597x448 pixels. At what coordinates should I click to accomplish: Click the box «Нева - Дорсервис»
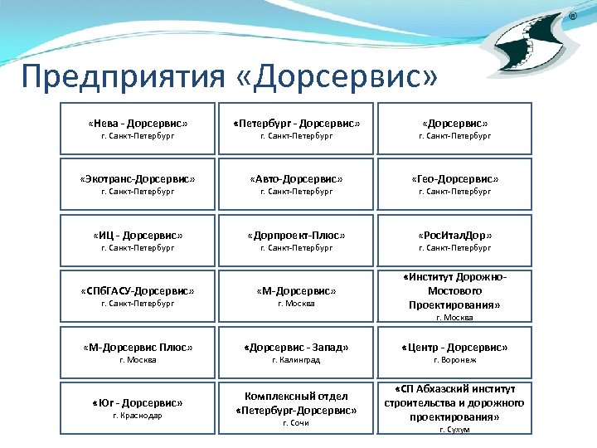click(138, 129)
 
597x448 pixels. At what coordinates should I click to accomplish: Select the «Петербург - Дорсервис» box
click(296, 129)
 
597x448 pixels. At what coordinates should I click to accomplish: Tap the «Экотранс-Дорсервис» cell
click(138, 184)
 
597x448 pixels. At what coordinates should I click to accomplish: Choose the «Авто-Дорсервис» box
click(296, 184)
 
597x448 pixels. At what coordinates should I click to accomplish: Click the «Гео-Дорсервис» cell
click(454, 184)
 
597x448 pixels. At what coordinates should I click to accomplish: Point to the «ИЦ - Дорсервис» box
click(138, 241)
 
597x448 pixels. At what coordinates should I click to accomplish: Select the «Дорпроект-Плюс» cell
click(296, 241)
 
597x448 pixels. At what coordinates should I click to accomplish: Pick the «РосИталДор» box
click(454, 241)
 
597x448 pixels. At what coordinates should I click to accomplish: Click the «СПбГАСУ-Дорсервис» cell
click(138, 296)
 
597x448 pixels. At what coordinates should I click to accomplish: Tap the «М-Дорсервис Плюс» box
click(138, 353)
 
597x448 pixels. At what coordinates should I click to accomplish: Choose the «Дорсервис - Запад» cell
click(296, 353)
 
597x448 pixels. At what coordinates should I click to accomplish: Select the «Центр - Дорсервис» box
click(454, 353)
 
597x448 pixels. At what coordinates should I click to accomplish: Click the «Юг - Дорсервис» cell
click(138, 408)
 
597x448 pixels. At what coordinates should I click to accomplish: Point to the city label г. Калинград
click(296, 360)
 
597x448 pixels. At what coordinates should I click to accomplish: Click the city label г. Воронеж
click(454, 360)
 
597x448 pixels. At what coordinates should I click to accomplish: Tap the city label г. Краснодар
click(138, 416)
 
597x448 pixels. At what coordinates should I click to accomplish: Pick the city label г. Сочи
click(296, 423)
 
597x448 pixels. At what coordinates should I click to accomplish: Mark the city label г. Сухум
click(454, 430)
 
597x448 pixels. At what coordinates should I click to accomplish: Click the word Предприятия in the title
click(121, 77)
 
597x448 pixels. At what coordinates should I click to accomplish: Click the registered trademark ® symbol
click(571, 17)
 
